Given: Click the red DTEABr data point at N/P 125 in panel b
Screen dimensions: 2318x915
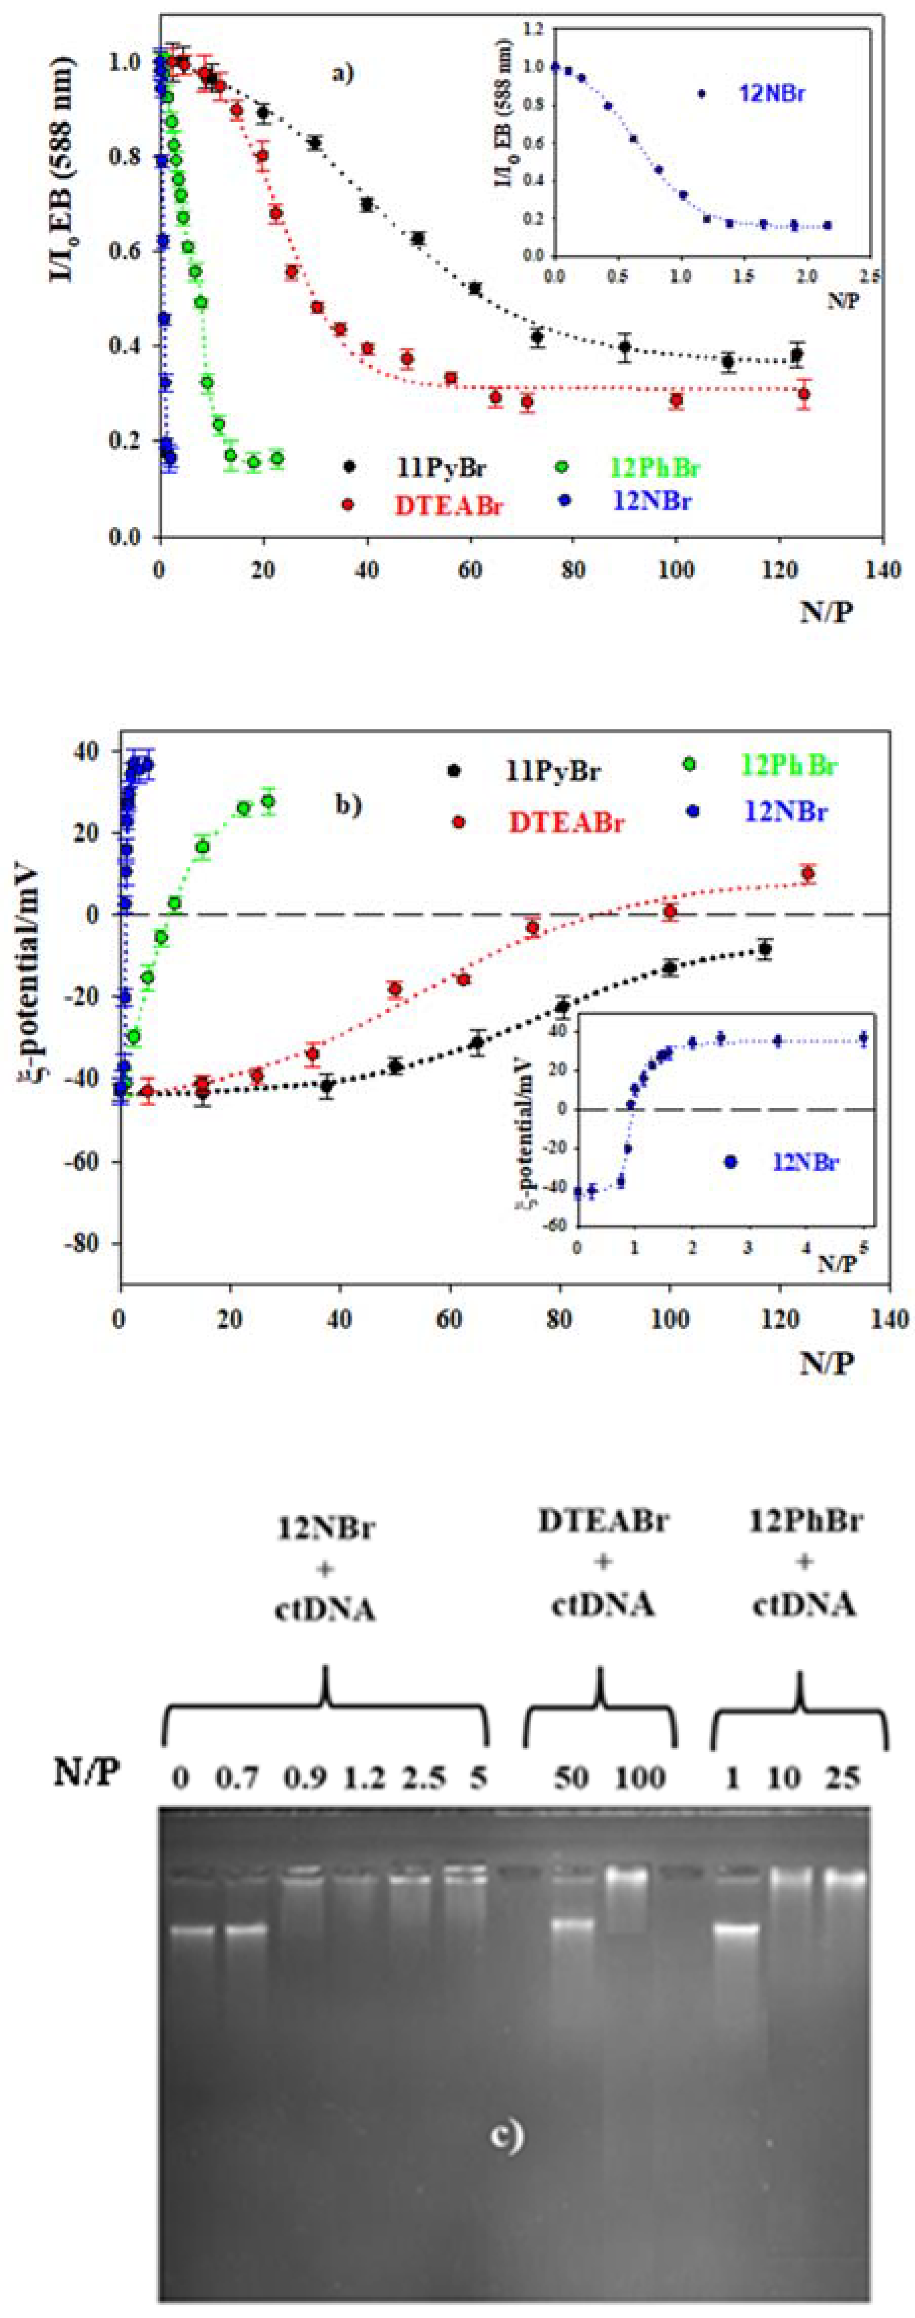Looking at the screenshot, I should coord(808,873).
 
